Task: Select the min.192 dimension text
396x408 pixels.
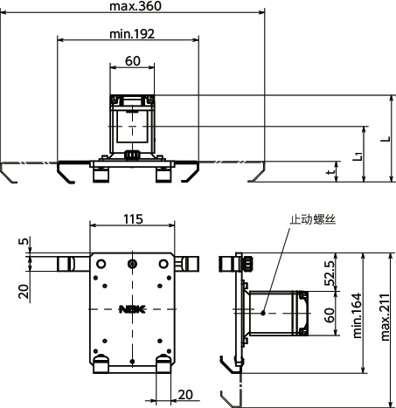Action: coord(132,34)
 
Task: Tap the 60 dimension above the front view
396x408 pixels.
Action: coord(132,61)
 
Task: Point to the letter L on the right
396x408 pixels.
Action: coord(385,139)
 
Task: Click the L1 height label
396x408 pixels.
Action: coord(357,156)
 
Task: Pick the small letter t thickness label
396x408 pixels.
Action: coord(330,172)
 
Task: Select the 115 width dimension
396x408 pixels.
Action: coord(132,218)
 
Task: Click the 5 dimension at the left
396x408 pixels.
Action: coord(24,242)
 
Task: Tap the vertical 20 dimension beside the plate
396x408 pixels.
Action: coord(24,289)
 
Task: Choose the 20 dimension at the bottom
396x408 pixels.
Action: coord(184,395)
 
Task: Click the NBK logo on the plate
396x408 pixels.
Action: coord(131,308)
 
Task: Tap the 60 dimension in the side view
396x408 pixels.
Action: coord(330,316)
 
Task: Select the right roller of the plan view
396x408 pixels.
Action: coord(193,263)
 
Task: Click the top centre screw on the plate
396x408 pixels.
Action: coord(131,264)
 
